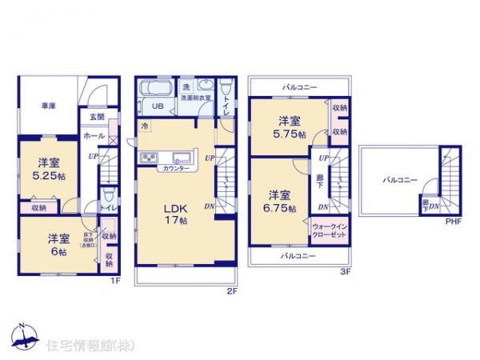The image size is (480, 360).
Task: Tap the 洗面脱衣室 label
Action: (x=196, y=98)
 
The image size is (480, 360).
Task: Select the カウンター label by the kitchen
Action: (x=175, y=169)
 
